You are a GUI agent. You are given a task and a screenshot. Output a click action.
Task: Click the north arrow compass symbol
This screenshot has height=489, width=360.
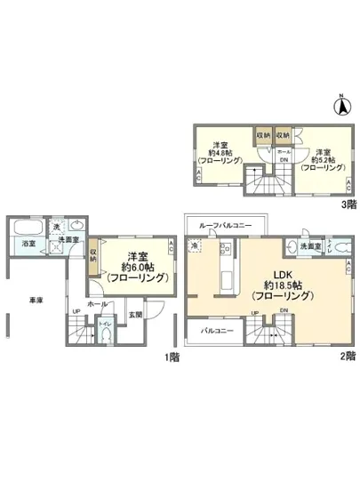pos(340,105)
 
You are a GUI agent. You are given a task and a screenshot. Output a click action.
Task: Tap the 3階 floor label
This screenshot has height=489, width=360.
pos(349,204)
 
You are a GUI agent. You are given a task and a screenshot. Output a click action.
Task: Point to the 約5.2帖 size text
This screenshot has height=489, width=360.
pos(316,156)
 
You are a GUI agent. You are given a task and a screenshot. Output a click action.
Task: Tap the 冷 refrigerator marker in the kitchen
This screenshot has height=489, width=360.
pos(195,246)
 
